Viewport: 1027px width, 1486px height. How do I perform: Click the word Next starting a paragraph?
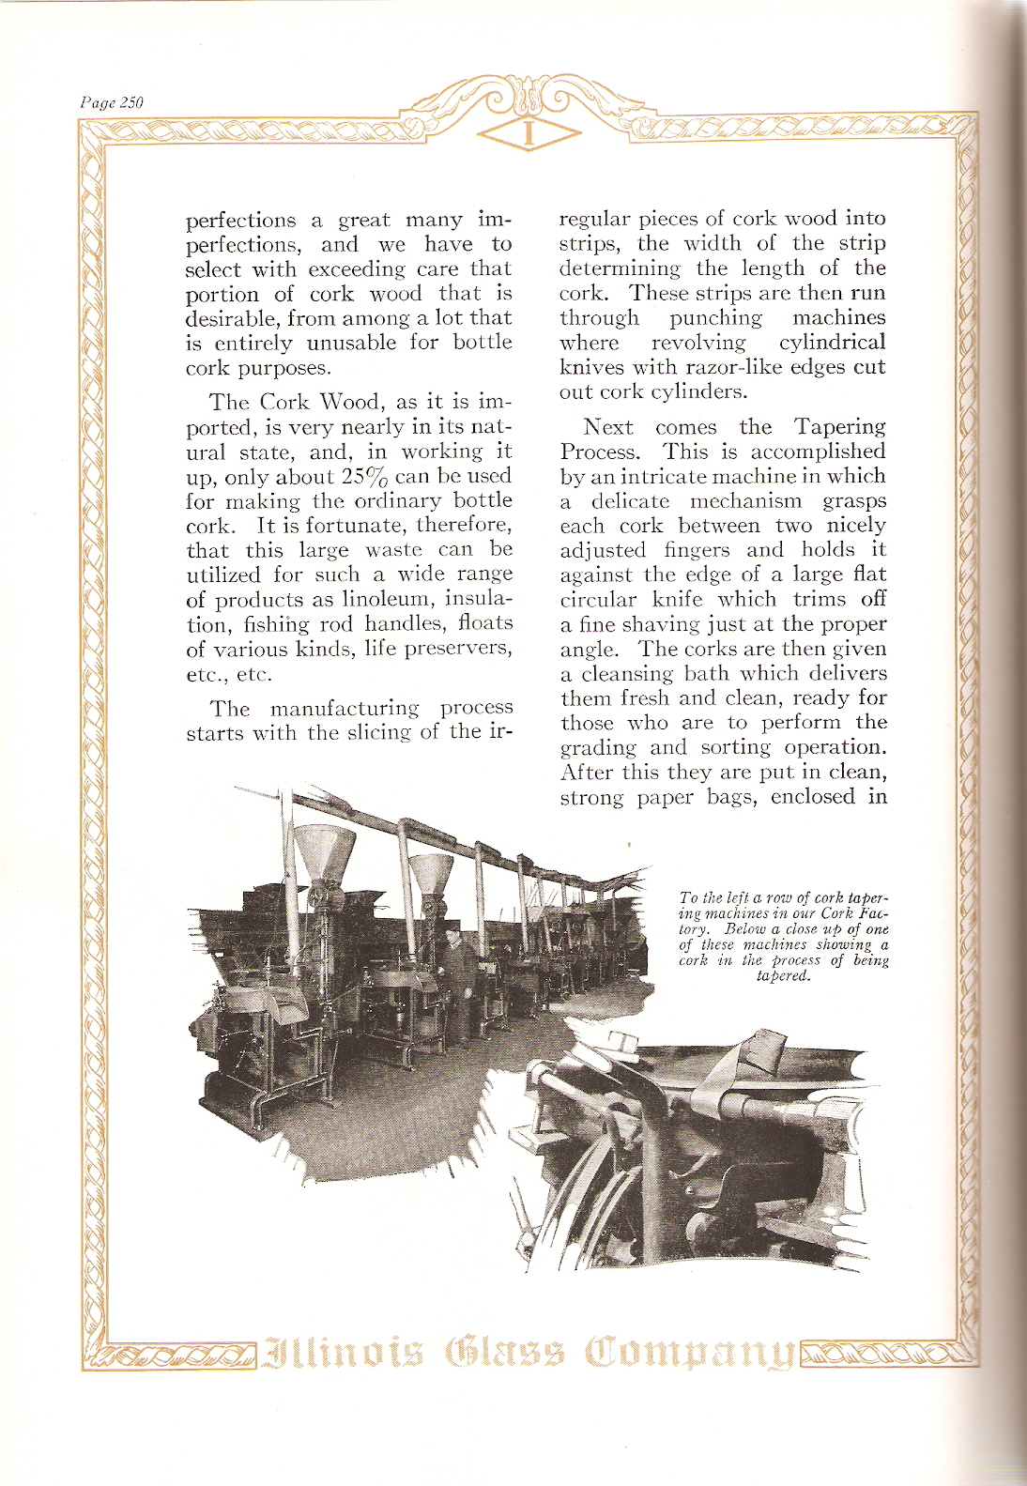[608, 427]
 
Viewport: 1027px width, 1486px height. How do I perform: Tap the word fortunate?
[358, 526]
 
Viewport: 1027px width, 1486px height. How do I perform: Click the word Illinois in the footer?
[345, 1354]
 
